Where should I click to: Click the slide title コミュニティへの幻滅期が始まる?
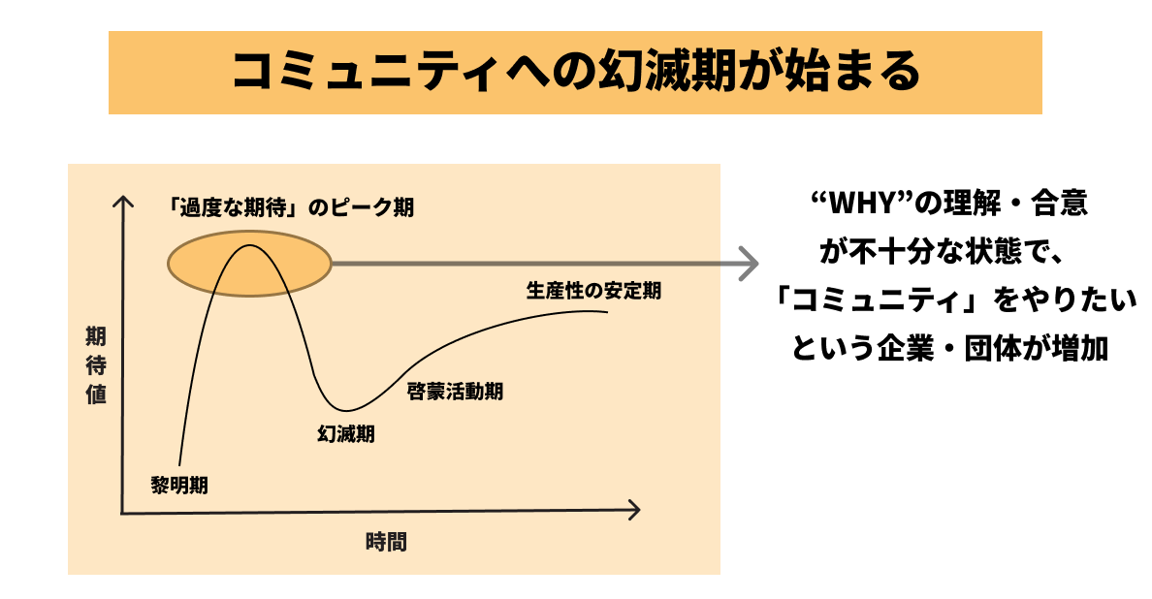[x=576, y=72]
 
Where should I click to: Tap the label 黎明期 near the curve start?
[x=179, y=486]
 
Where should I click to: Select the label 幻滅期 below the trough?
[x=346, y=434]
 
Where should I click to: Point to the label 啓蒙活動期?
[x=455, y=392]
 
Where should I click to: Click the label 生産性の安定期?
[x=593, y=291]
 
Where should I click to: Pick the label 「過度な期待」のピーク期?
[x=290, y=207]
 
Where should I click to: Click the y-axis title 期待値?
[x=96, y=365]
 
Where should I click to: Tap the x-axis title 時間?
[x=387, y=542]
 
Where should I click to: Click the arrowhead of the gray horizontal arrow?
[x=750, y=264]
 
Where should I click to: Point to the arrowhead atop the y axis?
[x=123, y=202]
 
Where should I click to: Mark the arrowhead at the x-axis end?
[x=633, y=510]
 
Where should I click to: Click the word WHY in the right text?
[x=861, y=204]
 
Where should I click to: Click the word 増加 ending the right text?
[x=1080, y=349]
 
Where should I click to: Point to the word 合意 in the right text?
[x=1060, y=204]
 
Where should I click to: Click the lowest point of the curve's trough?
[x=347, y=410]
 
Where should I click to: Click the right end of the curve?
[x=608, y=312]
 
